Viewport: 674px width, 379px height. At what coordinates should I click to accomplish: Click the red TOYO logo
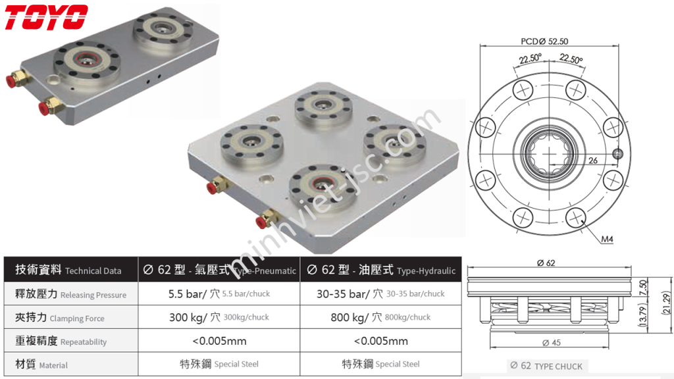coord(46,17)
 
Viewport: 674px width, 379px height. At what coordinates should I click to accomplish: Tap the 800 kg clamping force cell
coord(380,318)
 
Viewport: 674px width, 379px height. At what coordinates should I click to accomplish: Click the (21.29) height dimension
coord(666,305)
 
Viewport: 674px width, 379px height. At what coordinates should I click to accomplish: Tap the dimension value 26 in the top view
coord(592,160)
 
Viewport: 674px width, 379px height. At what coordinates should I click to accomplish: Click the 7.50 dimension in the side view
coord(644,288)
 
